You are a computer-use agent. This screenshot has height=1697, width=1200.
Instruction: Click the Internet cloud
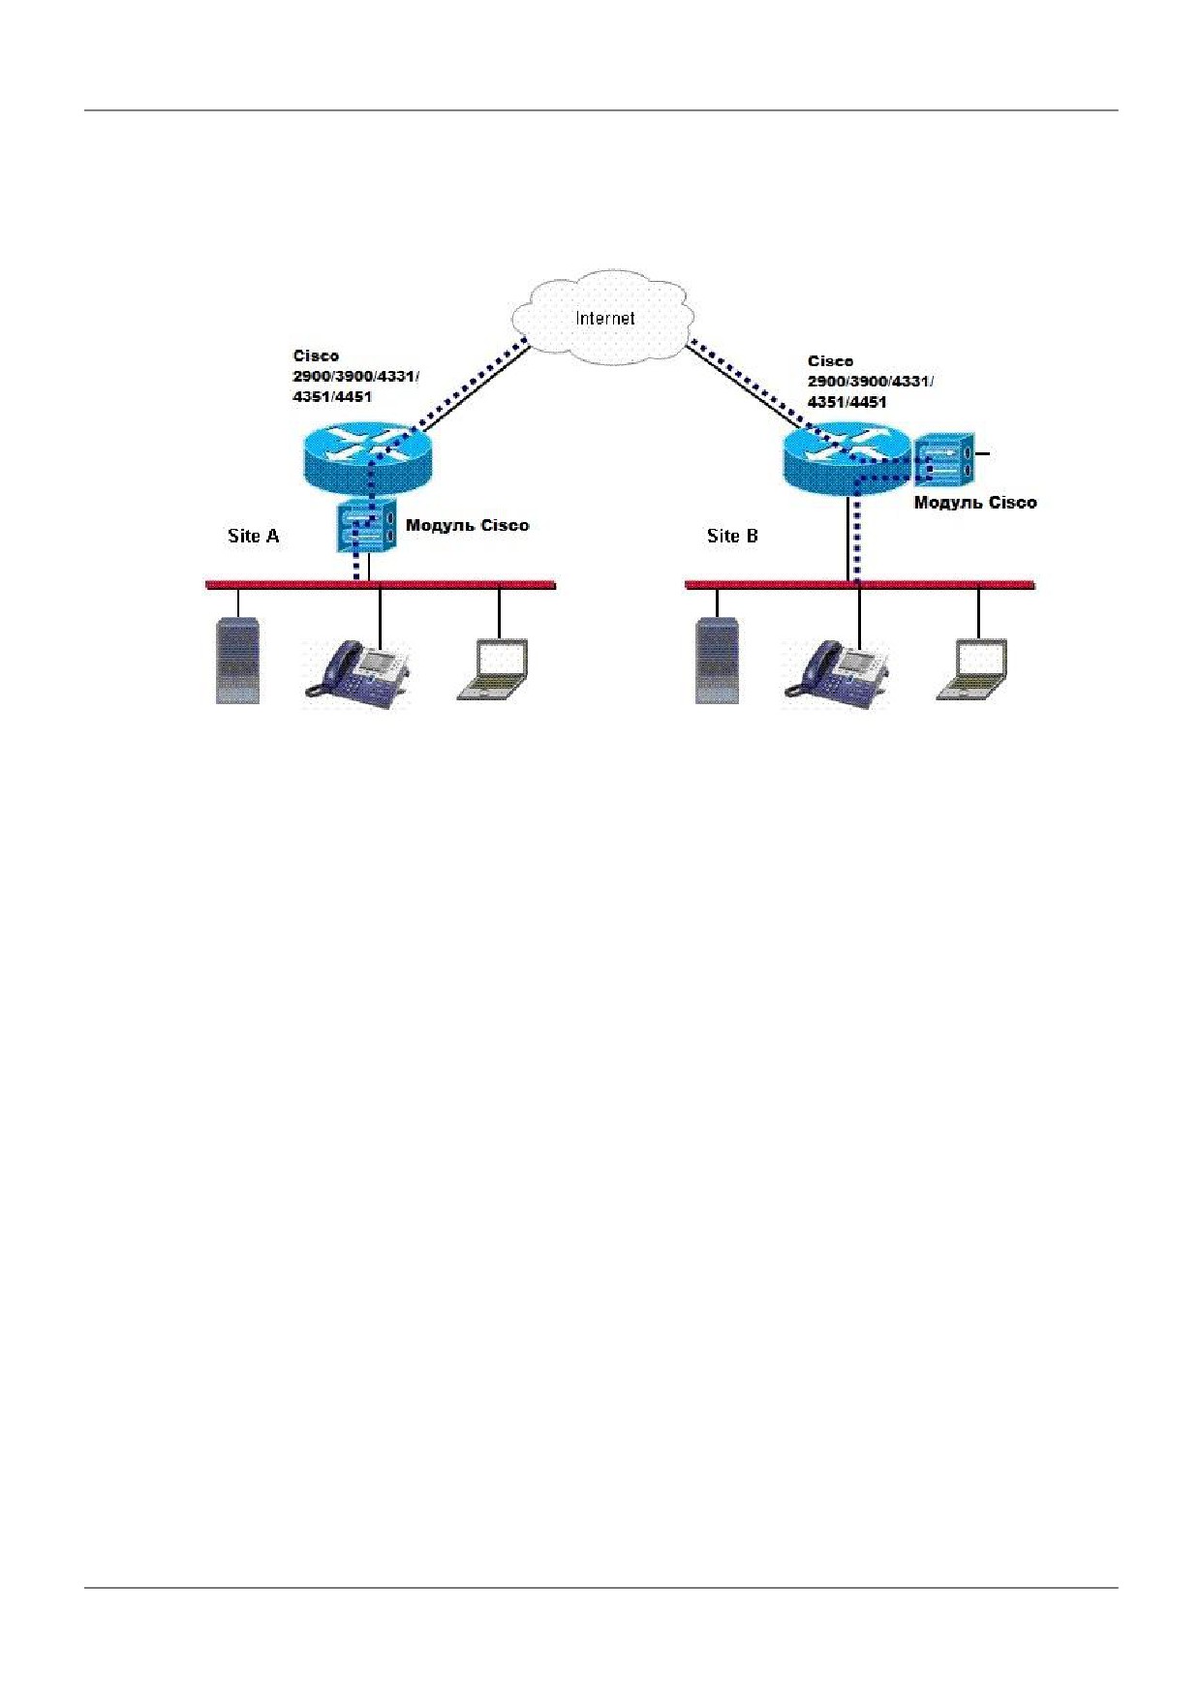pos(603,318)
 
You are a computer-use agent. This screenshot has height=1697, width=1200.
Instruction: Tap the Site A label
pos(253,536)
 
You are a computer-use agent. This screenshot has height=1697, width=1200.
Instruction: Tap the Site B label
pos(732,536)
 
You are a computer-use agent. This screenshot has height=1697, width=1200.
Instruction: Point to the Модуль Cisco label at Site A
pos(467,526)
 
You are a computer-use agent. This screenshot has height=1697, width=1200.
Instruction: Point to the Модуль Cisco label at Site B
pos(975,503)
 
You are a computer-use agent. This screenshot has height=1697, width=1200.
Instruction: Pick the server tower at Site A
pos(237,660)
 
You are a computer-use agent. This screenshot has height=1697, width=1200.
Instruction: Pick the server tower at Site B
pos(718,660)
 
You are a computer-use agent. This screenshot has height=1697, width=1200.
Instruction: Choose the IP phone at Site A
pos(357,671)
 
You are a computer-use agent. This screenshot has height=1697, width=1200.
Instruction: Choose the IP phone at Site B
pos(837,671)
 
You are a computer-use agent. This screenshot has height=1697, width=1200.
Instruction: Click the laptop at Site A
pos(493,668)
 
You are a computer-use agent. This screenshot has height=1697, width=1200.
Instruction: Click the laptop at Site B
pos(972,668)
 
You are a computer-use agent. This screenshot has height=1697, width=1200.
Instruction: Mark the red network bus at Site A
pos(381,585)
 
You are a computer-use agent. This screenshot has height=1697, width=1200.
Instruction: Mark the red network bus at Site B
pos(860,585)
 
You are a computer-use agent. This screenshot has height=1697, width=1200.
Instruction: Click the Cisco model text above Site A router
pos(355,376)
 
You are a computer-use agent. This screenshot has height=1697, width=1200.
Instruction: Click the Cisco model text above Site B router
pos(870,382)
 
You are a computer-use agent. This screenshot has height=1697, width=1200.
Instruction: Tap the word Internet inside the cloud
pos(605,318)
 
